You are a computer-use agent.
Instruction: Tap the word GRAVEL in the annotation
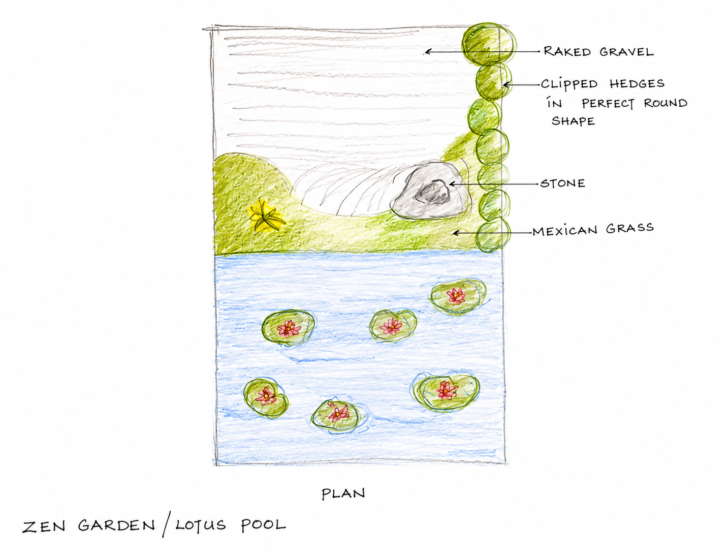coord(626,52)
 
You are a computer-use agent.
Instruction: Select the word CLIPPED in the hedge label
coord(569,84)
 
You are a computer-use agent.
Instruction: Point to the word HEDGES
coord(637,83)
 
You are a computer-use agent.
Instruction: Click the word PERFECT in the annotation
coord(608,103)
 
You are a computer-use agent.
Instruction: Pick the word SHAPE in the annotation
coord(573,120)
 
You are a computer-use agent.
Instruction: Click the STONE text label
coord(562,183)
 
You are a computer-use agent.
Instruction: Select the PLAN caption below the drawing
coord(343,494)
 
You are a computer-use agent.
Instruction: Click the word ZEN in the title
coord(44,526)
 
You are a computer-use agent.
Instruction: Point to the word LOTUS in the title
coord(201,525)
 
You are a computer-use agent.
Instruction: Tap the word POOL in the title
coord(263,524)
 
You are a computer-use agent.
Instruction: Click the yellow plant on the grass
coord(266,216)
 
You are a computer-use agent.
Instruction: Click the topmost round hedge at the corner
coord(489,44)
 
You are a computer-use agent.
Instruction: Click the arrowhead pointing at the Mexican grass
coord(456,233)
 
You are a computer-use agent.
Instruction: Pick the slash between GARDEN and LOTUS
coord(167,524)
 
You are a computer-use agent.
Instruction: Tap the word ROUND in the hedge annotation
coord(666,103)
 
